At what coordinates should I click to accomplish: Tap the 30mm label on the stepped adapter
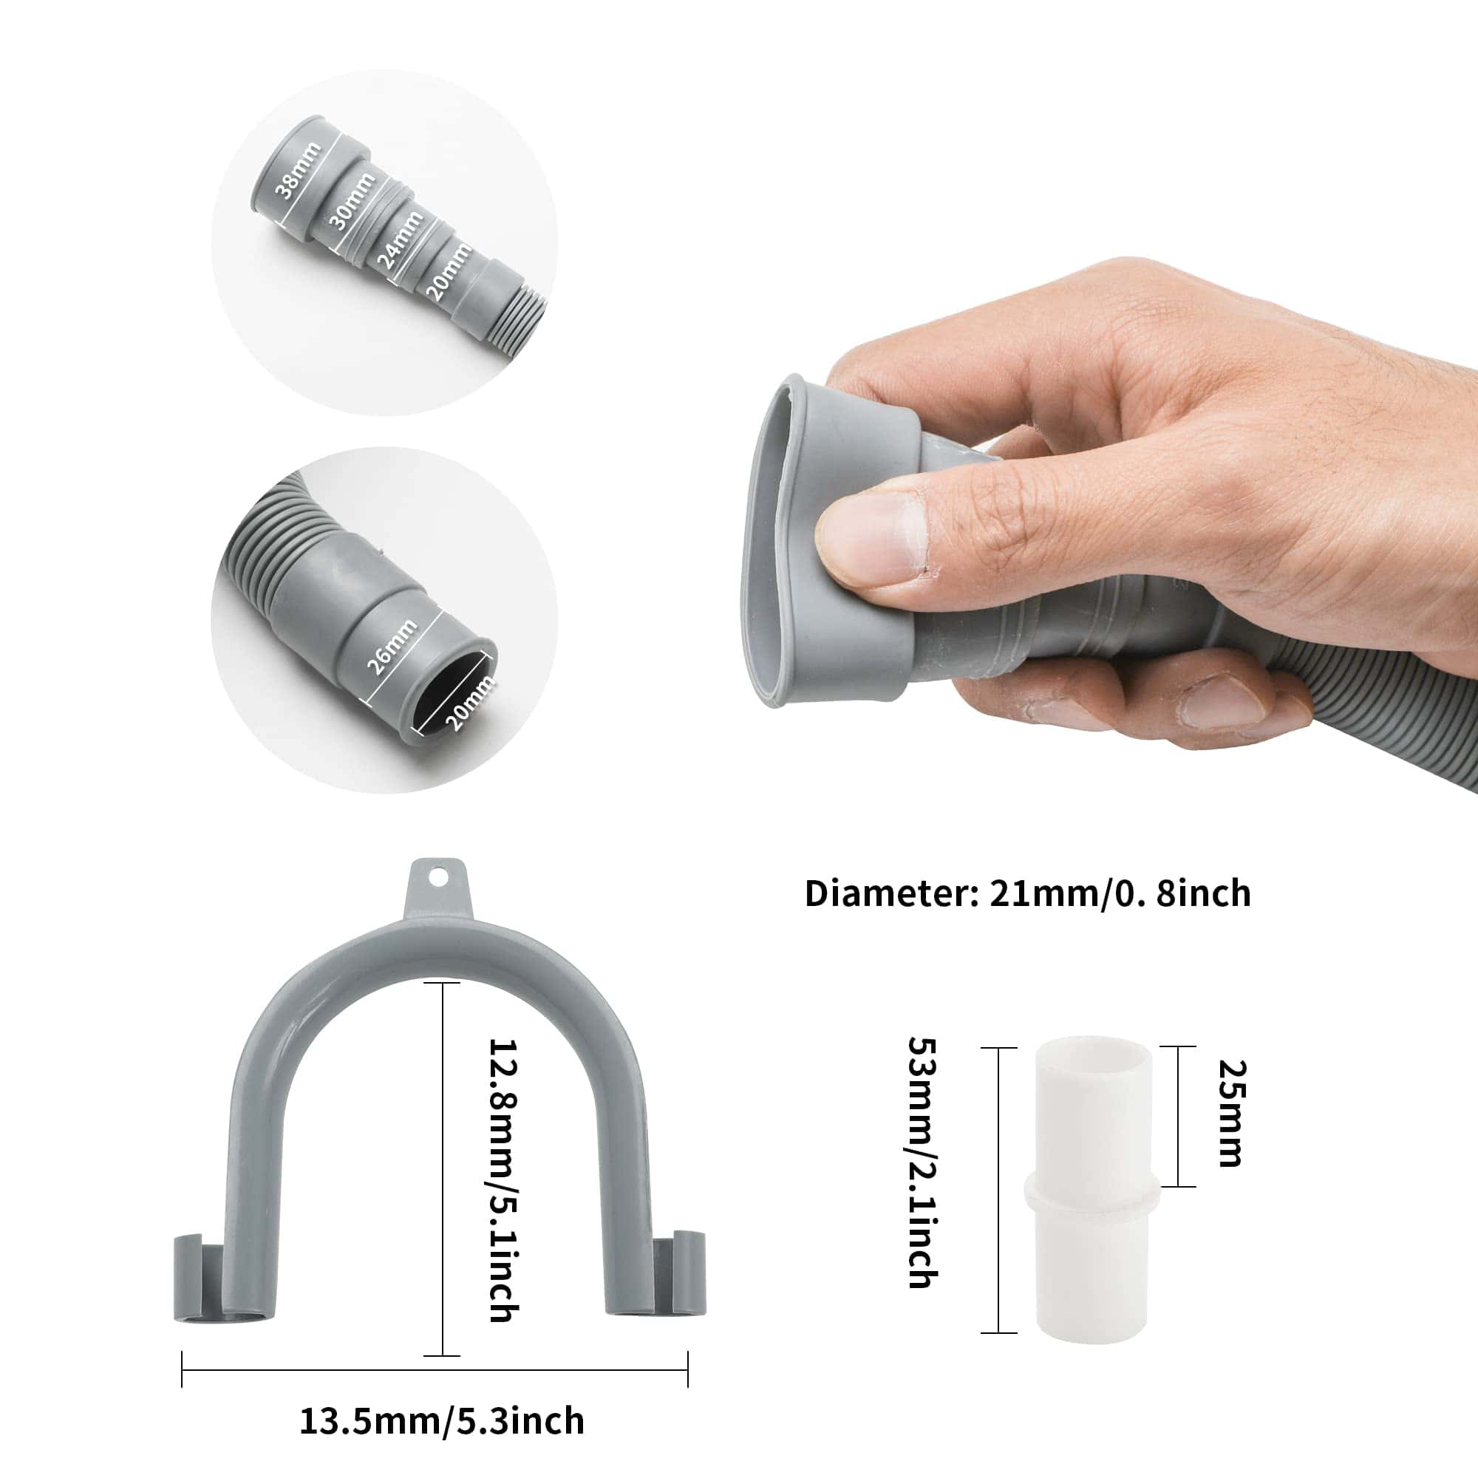pyautogui.click(x=352, y=201)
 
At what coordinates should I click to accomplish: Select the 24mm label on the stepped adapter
pyautogui.click(x=399, y=239)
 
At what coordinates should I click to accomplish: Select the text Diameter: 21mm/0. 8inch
pyautogui.click(x=1027, y=893)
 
